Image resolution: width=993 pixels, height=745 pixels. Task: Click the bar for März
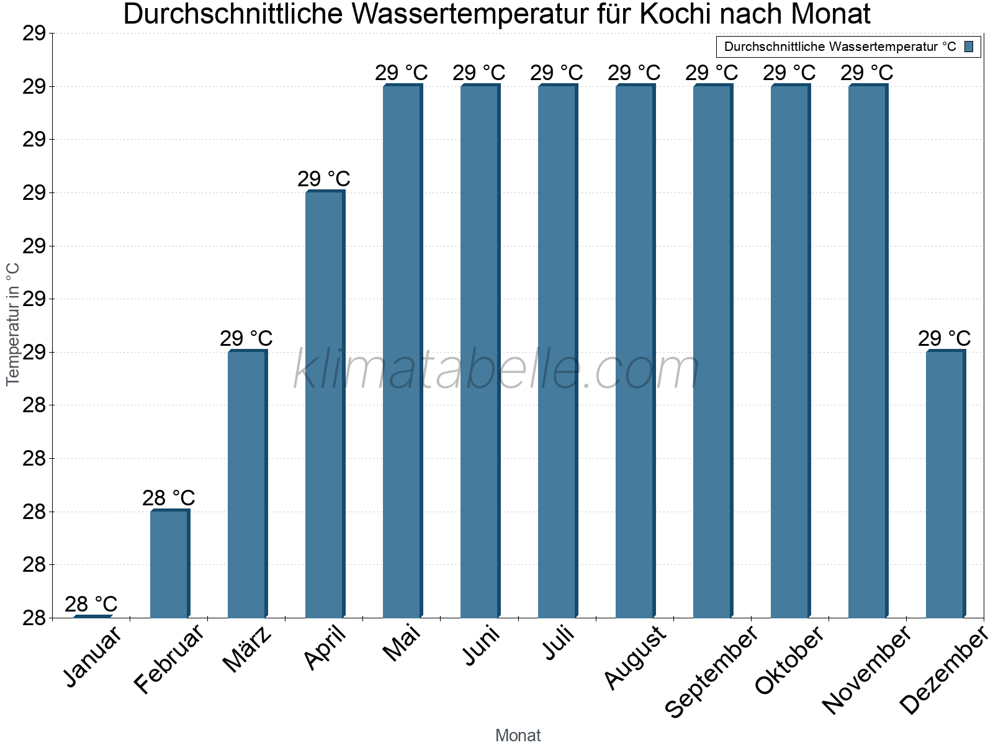point(247,484)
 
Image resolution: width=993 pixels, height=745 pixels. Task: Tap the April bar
point(325,404)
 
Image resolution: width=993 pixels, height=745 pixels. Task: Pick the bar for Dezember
point(945,484)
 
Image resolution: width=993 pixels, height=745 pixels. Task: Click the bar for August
point(635,351)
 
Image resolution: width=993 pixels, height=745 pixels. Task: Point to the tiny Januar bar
point(92,616)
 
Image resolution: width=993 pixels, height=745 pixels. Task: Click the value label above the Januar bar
point(91,604)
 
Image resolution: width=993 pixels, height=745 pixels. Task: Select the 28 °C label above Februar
point(169,498)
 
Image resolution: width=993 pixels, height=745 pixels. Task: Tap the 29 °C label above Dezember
point(944,338)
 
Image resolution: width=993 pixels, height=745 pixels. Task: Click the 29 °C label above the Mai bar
point(402,73)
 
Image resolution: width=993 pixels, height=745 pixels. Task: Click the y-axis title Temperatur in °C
point(13,324)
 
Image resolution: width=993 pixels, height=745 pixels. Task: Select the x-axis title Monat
point(518,736)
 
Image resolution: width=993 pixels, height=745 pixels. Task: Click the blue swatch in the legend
point(969,47)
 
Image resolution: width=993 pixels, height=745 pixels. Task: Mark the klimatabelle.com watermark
point(496,371)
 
